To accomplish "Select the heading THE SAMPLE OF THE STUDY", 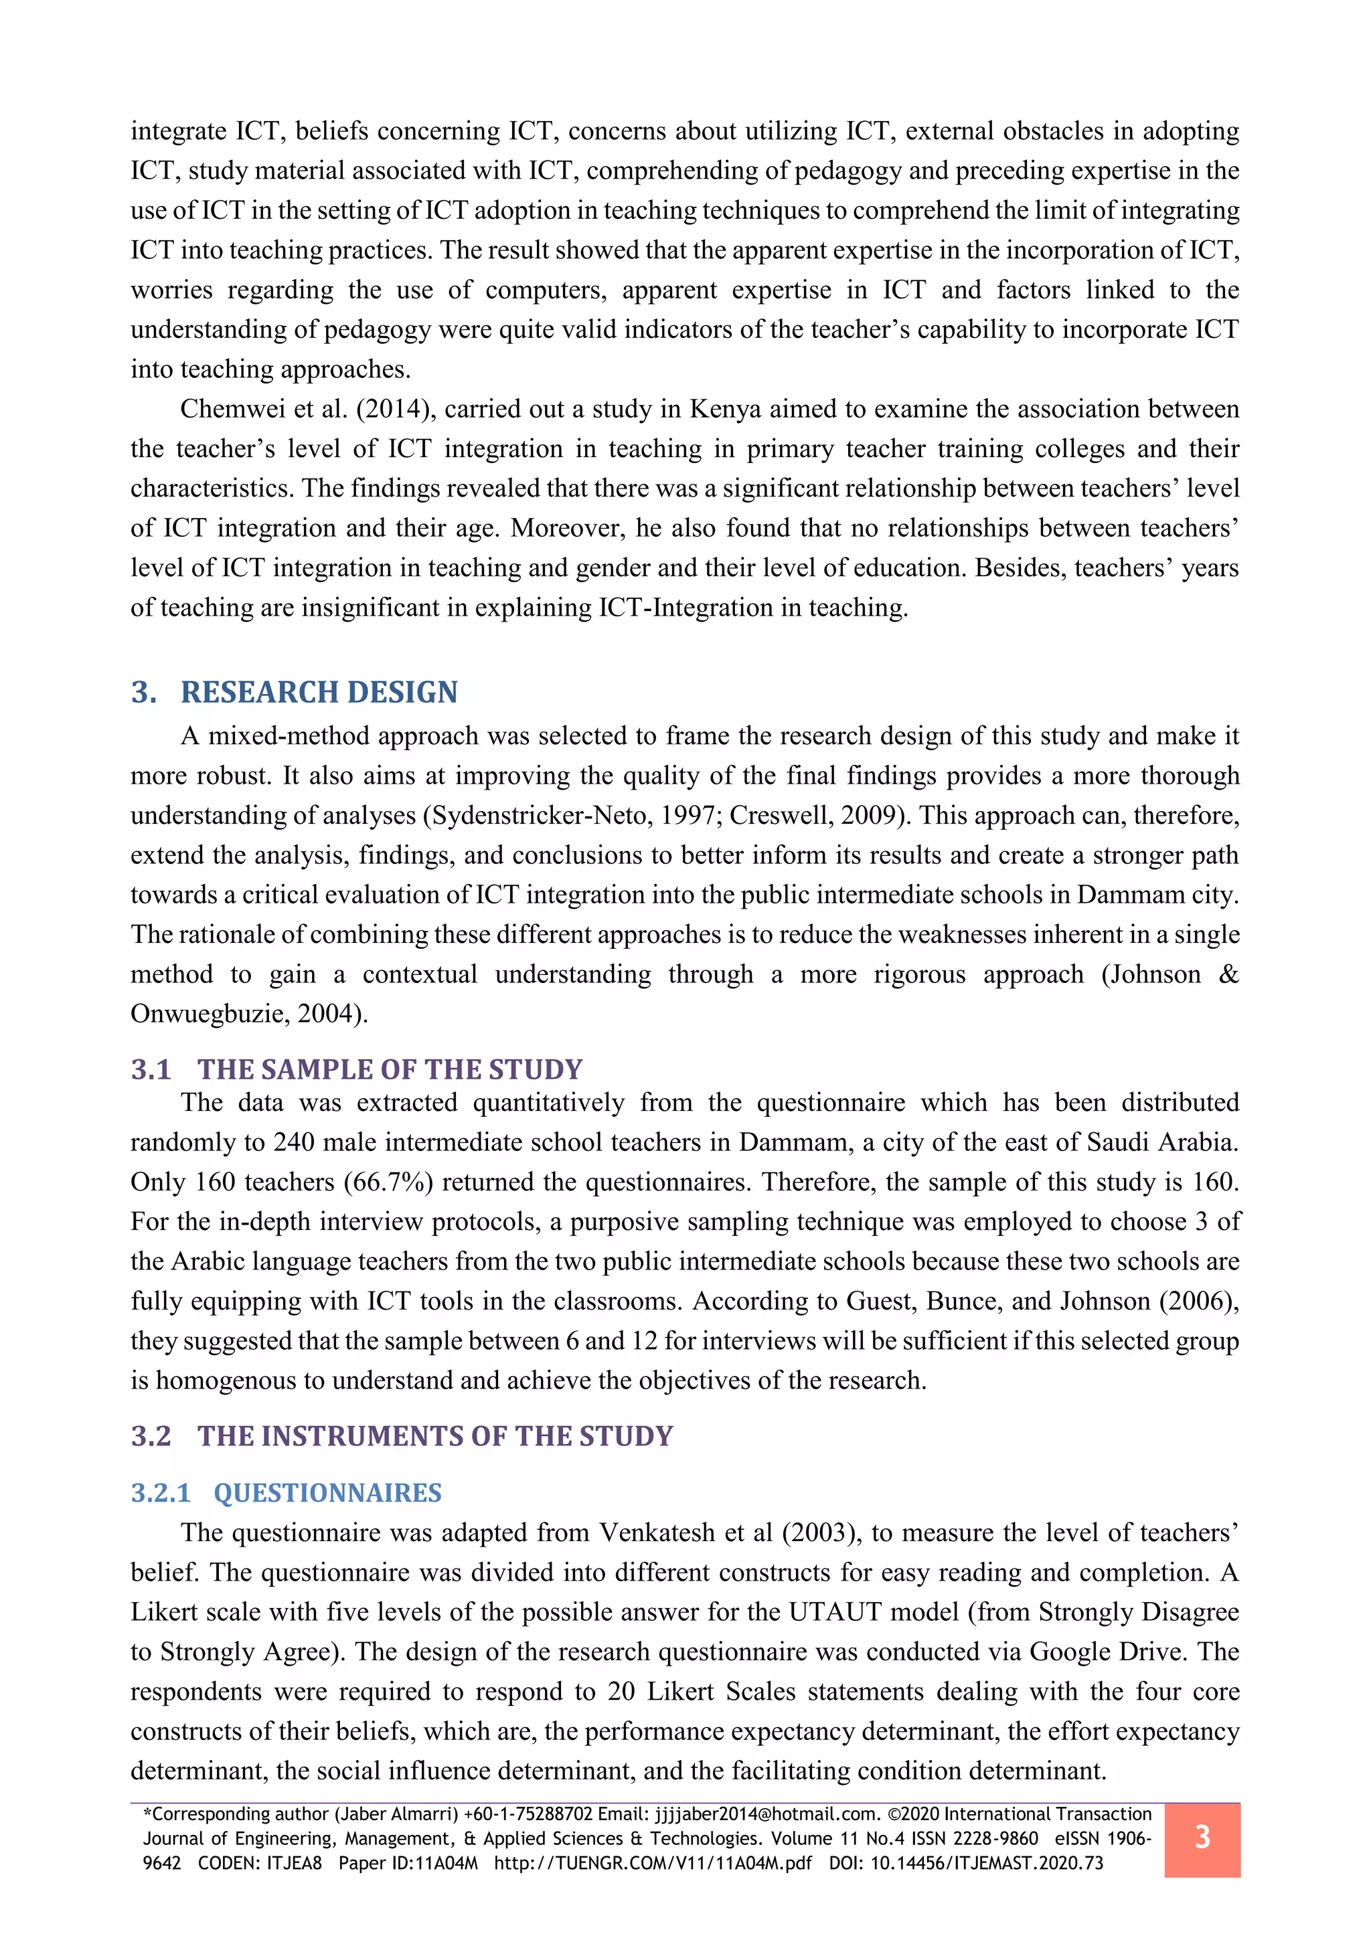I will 390,1069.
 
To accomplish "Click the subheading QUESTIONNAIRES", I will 327,1492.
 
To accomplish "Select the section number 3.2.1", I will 161,1492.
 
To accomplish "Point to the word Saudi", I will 1117,1142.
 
